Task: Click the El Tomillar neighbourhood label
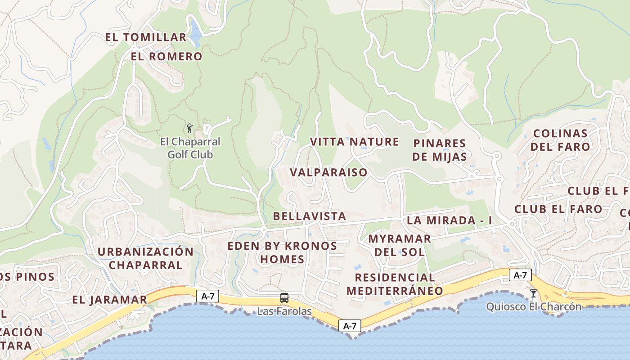point(146,37)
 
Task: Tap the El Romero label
point(166,57)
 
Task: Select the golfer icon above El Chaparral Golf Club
point(190,128)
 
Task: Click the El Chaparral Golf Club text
point(190,148)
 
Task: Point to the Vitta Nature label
point(354,142)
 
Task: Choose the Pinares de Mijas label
point(440,150)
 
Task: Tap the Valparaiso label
point(328,173)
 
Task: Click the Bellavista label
point(310,216)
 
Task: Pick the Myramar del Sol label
point(400,245)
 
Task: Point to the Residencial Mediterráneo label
point(395,284)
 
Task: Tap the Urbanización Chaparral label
point(145,258)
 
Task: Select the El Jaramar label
point(109,300)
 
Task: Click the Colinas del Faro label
point(560,140)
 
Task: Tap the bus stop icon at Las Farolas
point(284,297)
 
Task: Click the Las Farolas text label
point(284,311)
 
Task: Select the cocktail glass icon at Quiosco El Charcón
point(534,293)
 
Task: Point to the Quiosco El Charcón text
point(534,307)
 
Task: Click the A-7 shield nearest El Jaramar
point(208,296)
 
